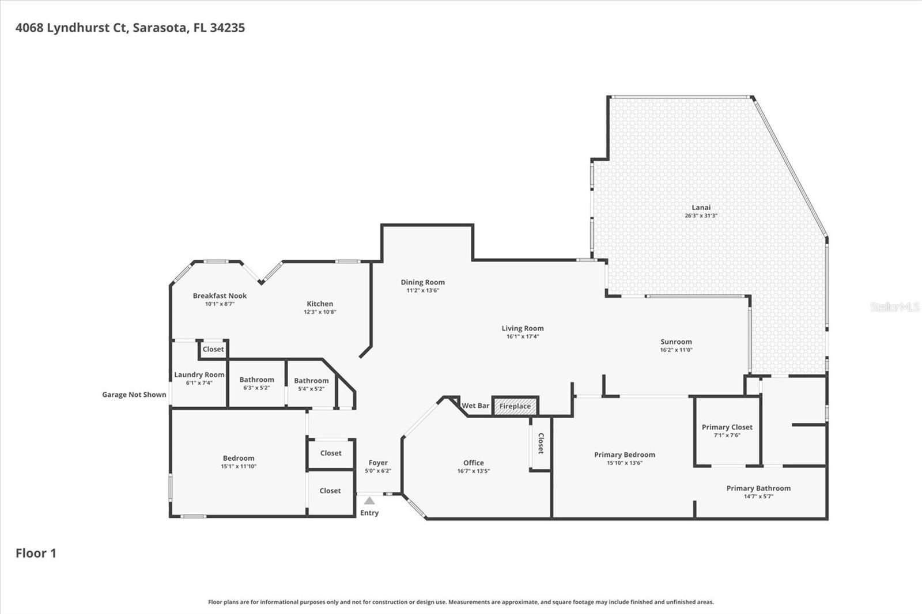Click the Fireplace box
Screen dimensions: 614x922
(515, 406)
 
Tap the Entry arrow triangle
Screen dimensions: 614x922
(369, 501)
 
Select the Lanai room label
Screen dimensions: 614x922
(701, 207)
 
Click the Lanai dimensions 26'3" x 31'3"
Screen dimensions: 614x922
(701, 216)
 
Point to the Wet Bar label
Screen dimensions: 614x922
(475, 405)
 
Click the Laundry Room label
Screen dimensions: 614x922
(199, 375)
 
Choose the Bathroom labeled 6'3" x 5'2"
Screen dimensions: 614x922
(256, 380)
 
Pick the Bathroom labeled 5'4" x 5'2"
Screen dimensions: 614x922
(311, 381)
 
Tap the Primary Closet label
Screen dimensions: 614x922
(727, 427)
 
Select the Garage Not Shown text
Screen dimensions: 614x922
(134, 395)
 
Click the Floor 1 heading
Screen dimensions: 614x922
(36, 553)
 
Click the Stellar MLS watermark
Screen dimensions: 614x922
(894, 308)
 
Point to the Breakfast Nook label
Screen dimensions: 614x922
(220, 295)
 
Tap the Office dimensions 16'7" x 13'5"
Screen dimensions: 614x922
(473, 471)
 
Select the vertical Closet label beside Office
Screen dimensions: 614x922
(541, 443)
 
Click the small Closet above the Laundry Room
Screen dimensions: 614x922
(213, 349)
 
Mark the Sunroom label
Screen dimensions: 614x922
(676, 342)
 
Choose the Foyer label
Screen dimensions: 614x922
(378, 463)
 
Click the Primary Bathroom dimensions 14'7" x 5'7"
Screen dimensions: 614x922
(758, 496)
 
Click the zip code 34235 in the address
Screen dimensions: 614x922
(227, 28)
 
